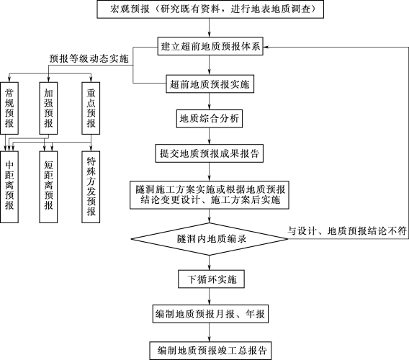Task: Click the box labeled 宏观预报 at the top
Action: (210, 9)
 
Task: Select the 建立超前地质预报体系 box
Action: (210, 46)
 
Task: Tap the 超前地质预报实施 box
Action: (210, 84)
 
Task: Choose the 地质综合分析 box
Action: (210, 119)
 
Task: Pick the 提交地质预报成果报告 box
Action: (210, 153)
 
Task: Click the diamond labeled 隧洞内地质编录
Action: (210, 239)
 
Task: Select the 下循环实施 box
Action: (211, 279)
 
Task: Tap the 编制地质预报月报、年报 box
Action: (210, 314)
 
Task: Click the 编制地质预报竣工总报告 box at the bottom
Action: (210, 351)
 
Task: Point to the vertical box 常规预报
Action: (9, 108)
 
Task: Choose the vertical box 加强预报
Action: (48, 108)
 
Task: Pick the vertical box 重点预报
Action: (91, 108)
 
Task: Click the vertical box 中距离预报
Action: (9, 186)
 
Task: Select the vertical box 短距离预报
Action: (48, 186)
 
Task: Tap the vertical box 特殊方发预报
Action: (91, 186)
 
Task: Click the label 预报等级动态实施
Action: (89, 58)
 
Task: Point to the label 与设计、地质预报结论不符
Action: (347, 230)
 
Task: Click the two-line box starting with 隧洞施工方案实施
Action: (210, 195)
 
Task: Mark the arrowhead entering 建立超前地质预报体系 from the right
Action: (266, 47)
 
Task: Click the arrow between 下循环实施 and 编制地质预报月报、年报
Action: (210, 297)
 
